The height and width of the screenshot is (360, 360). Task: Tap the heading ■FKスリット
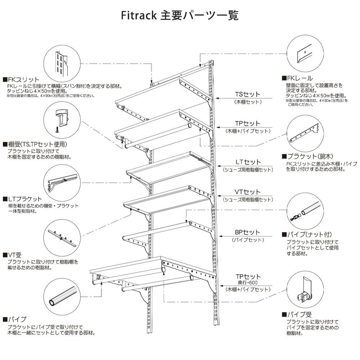point(21,79)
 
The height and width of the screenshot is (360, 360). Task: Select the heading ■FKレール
point(297,78)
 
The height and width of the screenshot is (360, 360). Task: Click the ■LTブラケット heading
point(22,199)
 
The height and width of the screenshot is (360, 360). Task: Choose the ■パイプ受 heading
point(297,314)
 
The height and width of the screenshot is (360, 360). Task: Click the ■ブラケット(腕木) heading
point(309,156)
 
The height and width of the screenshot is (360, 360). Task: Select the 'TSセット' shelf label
point(247,94)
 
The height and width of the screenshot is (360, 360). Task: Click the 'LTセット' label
point(247,162)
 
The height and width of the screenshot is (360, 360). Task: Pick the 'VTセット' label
point(247,192)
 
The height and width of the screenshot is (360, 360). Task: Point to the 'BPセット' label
point(247,233)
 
